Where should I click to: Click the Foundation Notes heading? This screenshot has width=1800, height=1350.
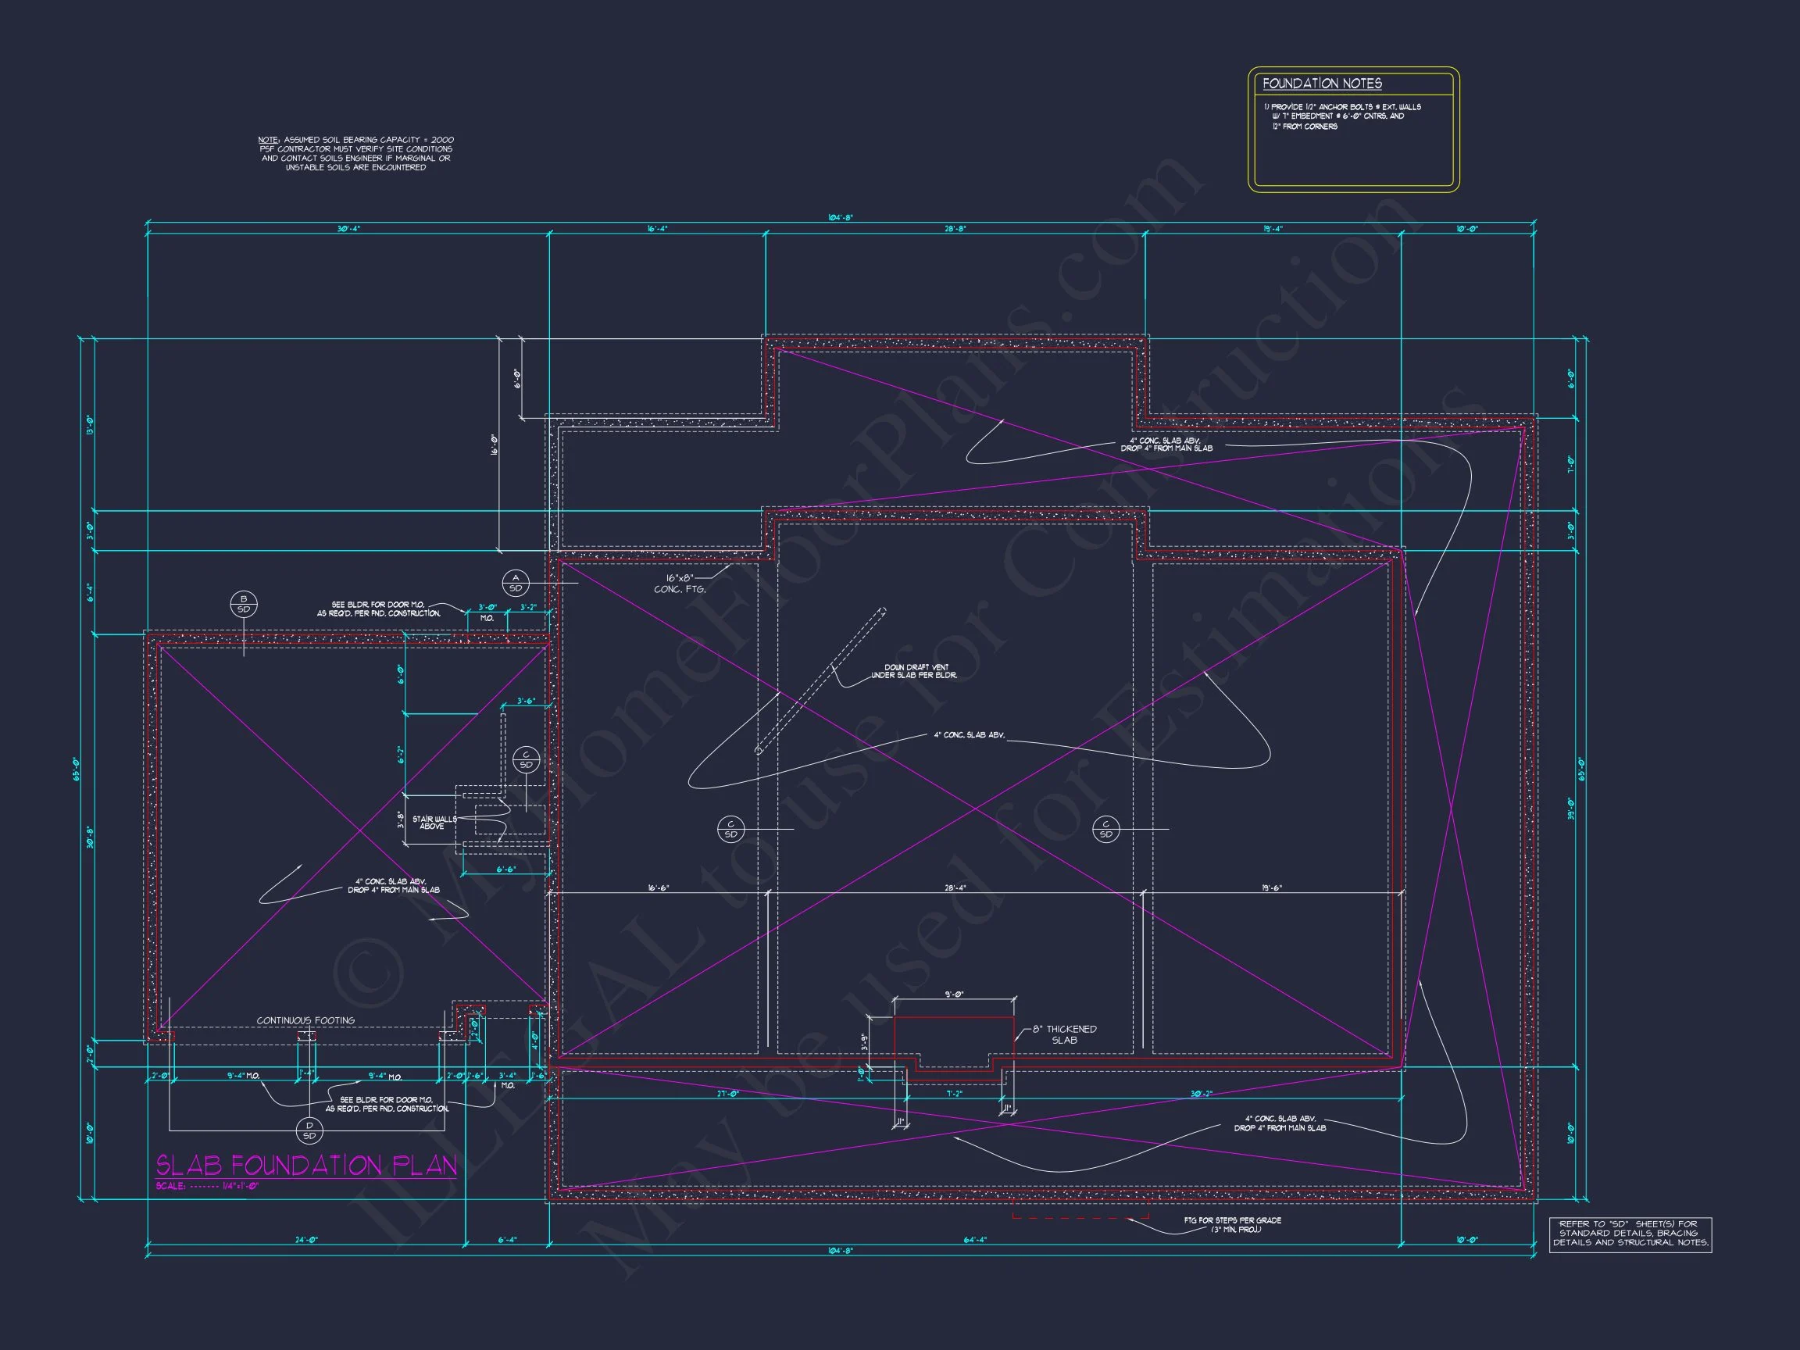(x=1322, y=84)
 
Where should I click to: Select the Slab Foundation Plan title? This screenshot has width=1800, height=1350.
(x=306, y=1166)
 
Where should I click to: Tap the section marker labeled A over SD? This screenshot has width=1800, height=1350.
(x=515, y=583)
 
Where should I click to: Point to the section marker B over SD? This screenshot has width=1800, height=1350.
(x=243, y=605)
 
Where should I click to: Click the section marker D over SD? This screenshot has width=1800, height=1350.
(x=309, y=1130)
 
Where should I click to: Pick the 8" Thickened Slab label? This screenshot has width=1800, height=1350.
(x=1064, y=1034)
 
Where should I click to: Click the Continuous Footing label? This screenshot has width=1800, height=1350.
(x=305, y=1020)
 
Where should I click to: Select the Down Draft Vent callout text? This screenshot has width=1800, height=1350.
(x=914, y=671)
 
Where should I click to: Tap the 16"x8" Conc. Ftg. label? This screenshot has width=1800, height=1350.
(x=680, y=584)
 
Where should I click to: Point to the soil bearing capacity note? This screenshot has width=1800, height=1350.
(x=355, y=154)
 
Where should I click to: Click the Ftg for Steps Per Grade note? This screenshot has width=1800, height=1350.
(x=1232, y=1225)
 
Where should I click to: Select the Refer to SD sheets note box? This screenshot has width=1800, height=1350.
(x=1630, y=1234)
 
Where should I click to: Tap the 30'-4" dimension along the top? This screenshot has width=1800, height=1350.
(x=348, y=230)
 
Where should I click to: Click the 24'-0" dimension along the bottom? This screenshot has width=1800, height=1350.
(x=306, y=1240)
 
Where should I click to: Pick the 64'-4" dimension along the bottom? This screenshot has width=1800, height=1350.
(x=974, y=1240)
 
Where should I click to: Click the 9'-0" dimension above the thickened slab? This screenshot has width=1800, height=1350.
(x=954, y=995)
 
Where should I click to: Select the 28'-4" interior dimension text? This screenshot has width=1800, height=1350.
(x=955, y=887)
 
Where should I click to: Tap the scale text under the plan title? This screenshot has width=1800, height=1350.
(x=207, y=1187)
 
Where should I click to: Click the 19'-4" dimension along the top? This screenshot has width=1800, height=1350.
(x=1273, y=230)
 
